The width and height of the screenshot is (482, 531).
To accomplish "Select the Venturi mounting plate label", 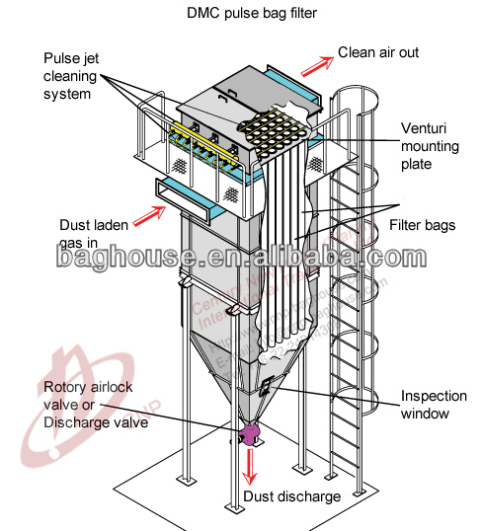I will tap(430, 146).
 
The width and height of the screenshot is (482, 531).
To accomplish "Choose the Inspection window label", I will tap(433, 405).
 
